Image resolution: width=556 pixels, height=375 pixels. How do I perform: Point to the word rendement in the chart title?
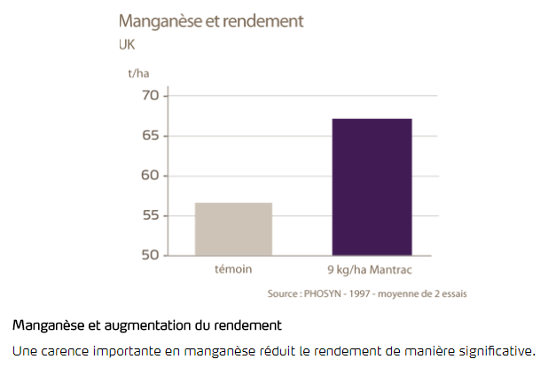(x=258, y=20)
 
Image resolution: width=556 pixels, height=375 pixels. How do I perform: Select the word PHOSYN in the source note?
(x=329, y=293)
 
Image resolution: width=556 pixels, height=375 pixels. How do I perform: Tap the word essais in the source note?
(x=450, y=293)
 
